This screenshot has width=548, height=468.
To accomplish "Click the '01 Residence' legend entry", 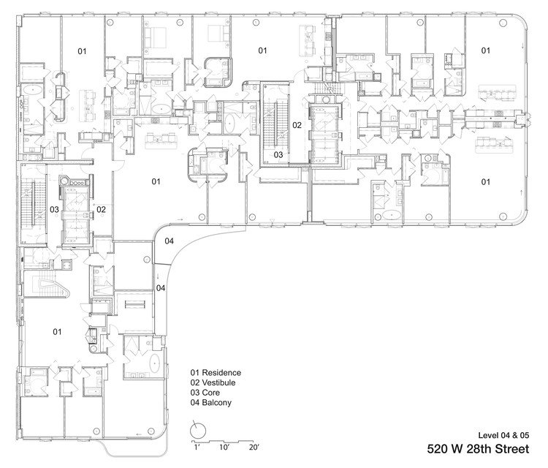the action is [216, 373].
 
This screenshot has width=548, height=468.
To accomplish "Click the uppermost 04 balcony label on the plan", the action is [169, 241].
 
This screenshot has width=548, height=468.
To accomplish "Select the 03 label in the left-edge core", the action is [54, 210].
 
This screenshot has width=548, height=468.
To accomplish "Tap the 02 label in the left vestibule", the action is [102, 210].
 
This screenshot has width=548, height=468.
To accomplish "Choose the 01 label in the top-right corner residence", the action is [484, 50].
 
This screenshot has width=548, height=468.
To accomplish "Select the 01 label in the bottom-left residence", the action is [57, 332].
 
